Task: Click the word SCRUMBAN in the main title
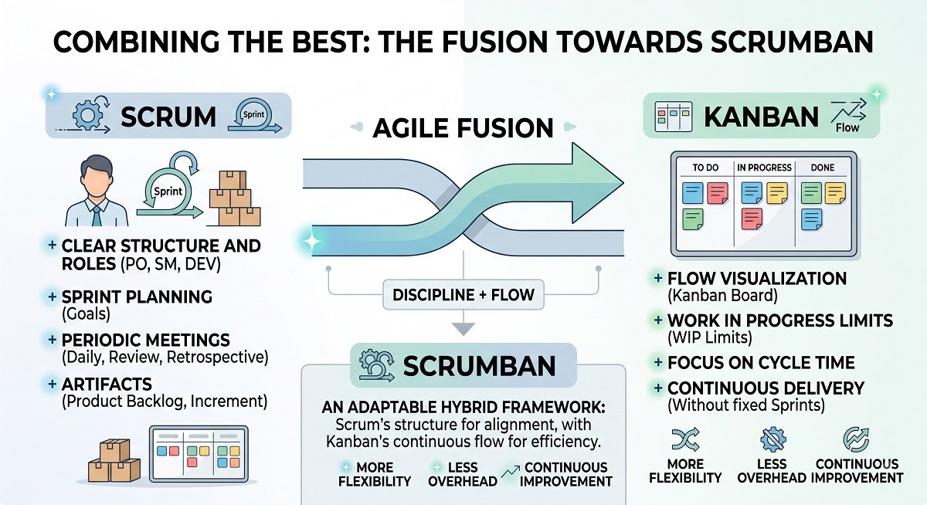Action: (792, 42)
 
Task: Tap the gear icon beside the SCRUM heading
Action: (87, 115)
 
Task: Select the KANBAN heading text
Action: (761, 117)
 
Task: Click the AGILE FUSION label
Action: (463, 128)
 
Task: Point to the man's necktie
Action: (97, 215)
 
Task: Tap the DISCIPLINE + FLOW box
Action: (463, 295)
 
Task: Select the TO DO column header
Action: (705, 168)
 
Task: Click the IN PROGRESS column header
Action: (764, 168)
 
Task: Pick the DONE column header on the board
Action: (823, 168)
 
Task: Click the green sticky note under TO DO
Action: (693, 219)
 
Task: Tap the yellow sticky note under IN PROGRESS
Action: (777, 193)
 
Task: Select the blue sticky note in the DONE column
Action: (812, 219)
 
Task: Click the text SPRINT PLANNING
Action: (137, 297)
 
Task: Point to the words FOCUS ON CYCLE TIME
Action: (761, 363)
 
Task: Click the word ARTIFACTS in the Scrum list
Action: (107, 385)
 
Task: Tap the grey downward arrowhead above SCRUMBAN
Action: (463, 329)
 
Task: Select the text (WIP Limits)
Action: (710, 338)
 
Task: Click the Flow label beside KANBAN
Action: (847, 128)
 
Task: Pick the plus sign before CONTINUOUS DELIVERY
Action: (657, 388)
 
